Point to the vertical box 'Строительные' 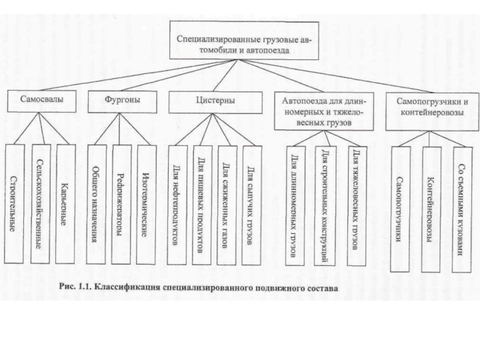click(x=14, y=204)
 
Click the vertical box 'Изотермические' click(x=146, y=204)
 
